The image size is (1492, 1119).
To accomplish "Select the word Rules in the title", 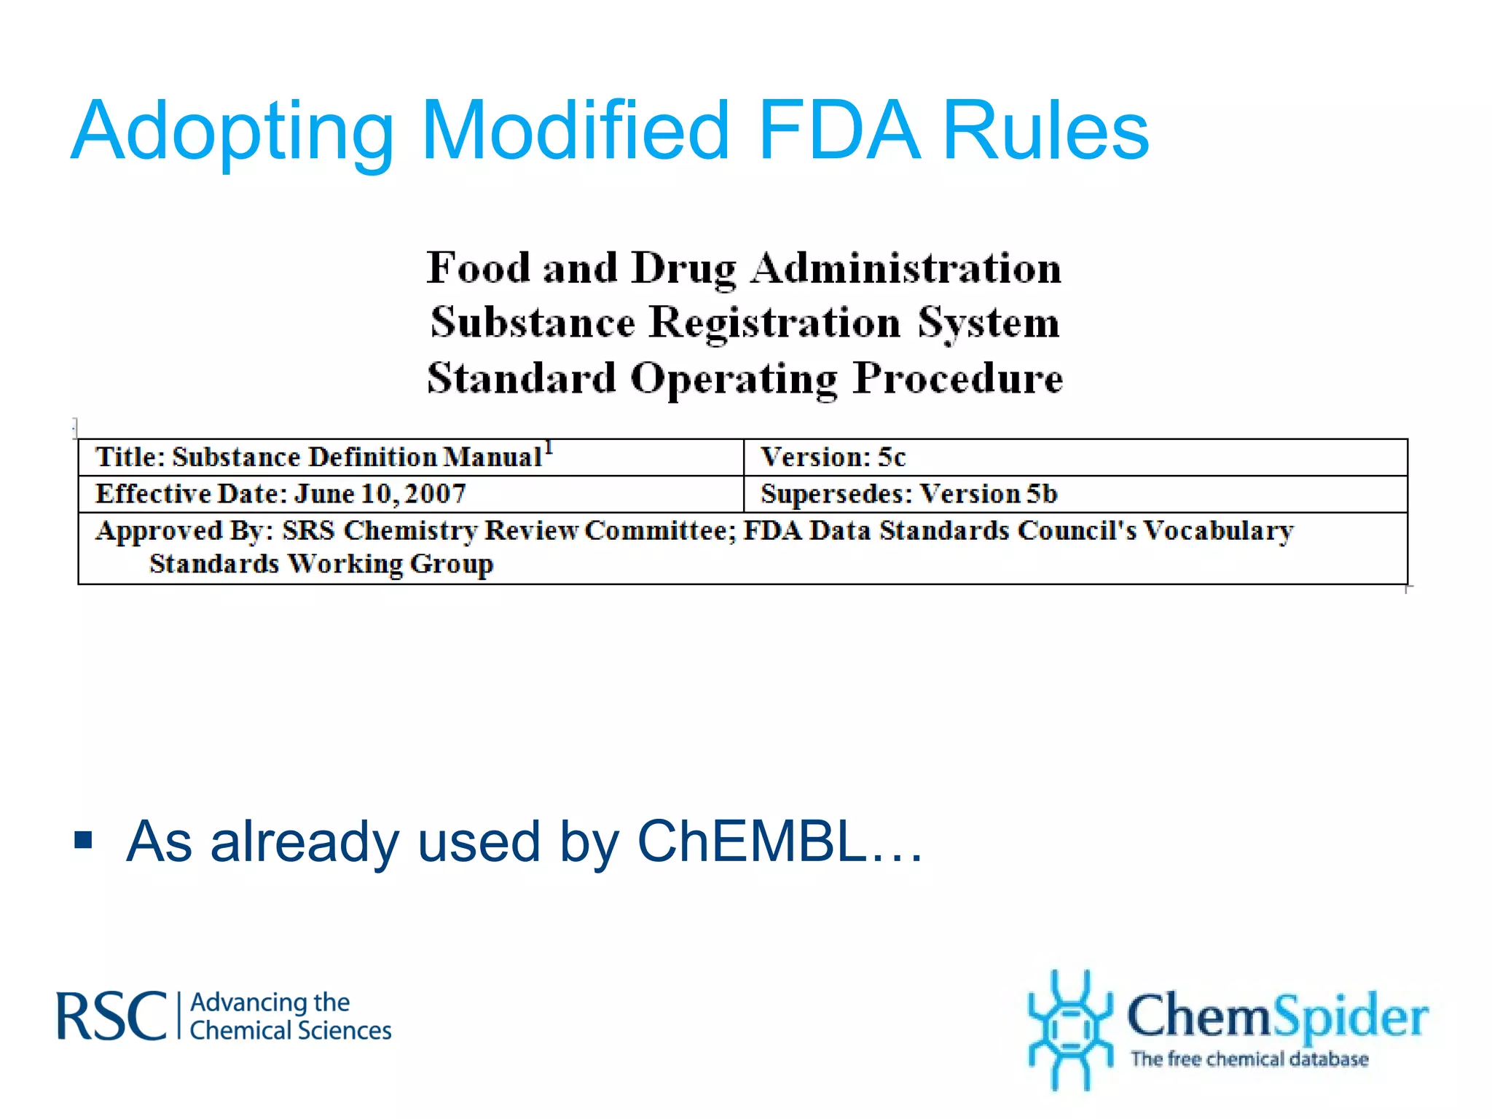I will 1046,131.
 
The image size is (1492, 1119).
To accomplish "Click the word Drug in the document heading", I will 683,269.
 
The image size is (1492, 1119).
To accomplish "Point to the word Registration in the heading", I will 774,323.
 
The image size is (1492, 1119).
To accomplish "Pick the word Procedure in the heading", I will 958,378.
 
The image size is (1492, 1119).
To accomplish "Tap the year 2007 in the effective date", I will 435,494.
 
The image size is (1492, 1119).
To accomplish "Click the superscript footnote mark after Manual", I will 549,447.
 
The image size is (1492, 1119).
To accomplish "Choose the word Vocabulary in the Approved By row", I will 1218,530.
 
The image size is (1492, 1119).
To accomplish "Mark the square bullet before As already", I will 84,840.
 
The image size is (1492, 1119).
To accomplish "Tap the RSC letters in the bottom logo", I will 111,1016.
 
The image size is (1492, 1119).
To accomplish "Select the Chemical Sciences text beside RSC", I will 290,1031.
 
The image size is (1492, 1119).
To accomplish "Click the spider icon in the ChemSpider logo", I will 1069,1029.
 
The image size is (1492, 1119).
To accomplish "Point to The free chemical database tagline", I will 1249,1059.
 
